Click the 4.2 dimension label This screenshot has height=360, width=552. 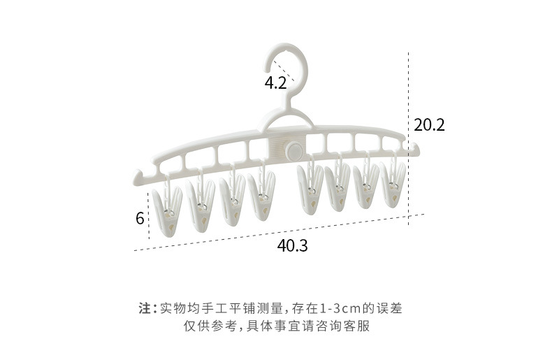tap(275, 82)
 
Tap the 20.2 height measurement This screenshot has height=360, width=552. tap(429, 124)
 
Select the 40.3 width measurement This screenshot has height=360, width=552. tap(293, 245)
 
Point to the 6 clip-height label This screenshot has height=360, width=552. tap(140, 218)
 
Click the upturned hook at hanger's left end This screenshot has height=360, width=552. tap(138, 177)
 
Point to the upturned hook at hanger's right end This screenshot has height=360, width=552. tap(414, 147)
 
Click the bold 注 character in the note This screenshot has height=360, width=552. tap(145, 308)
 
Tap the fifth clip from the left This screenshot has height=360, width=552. tap(310, 189)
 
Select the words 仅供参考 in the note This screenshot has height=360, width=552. tap(210, 326)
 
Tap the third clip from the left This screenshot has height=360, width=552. tap(232, 200)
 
